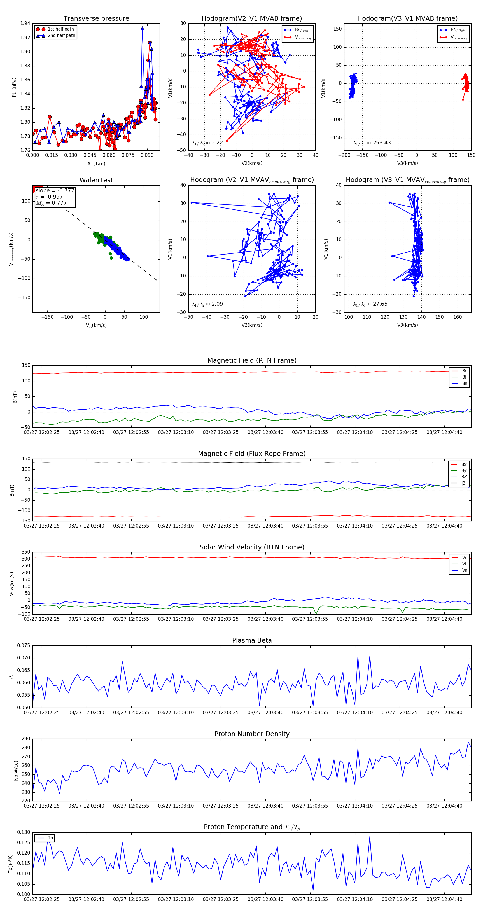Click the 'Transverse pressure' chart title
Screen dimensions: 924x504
(x=96, y=19)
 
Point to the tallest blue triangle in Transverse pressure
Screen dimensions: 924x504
(x=143, y=28)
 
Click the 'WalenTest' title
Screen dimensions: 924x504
(x=96, y=180)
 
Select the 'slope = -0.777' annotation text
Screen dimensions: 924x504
(x=55, y=190)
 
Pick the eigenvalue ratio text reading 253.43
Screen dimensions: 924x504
(x=372, y=143)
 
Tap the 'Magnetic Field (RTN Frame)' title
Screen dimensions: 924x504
(x=252, y=360)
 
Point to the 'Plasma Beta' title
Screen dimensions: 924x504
(x=252, y=641)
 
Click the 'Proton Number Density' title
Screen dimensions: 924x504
(x=252, y=734)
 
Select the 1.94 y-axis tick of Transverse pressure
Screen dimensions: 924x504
(x=25, y=24)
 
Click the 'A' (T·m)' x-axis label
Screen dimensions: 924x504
(x=96, y=164)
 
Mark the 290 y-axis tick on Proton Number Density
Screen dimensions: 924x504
(x=26, y=739)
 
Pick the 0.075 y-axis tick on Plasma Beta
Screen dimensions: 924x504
(x=24, y=646)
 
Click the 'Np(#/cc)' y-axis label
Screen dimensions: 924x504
(x=16, y=770)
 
